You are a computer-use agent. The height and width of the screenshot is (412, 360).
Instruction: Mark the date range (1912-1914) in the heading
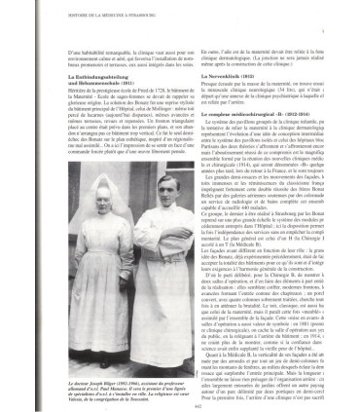click(x=303, y=141)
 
